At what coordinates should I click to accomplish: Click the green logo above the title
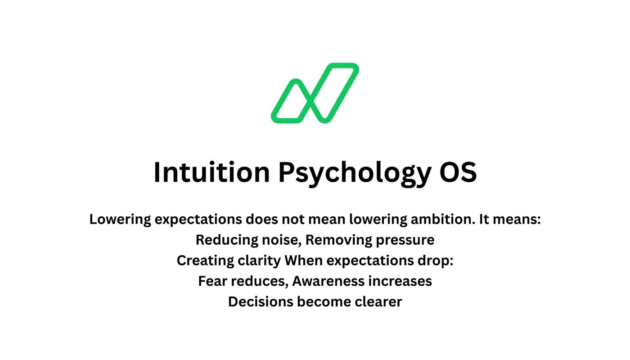315,93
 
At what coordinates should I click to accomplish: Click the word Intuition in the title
211,172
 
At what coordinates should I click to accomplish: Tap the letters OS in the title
458,172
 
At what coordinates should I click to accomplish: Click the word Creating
205,261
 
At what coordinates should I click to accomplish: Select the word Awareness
328,281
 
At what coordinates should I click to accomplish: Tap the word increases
400,281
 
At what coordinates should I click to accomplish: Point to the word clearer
378,301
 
